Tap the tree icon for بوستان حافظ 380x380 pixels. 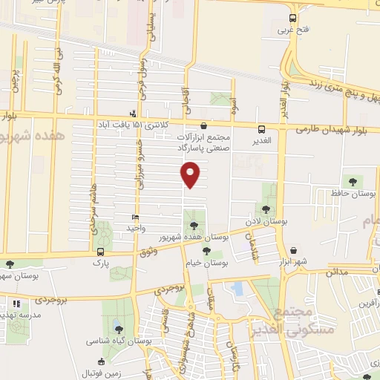352,181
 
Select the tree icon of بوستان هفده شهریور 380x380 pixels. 194,224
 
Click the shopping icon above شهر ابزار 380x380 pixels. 295,251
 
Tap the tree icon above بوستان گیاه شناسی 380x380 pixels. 119,329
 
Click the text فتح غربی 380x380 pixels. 292,30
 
